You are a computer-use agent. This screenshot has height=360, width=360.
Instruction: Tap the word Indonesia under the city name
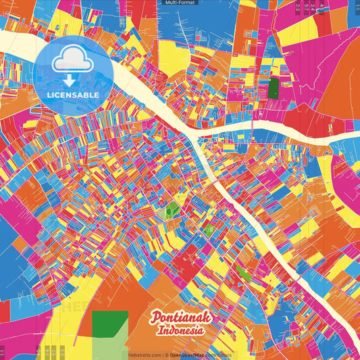tap(181, 331)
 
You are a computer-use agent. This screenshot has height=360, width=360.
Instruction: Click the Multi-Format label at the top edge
tap(180, 3)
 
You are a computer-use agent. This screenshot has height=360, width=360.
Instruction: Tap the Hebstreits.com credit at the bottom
tap(144, 355)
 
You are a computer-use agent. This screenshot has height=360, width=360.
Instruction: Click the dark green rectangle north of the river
tap(273, 88)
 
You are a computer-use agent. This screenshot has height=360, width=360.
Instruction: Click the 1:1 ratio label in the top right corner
tap(356, 7)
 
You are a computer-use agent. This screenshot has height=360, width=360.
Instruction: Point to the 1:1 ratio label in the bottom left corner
tap(3, 353)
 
